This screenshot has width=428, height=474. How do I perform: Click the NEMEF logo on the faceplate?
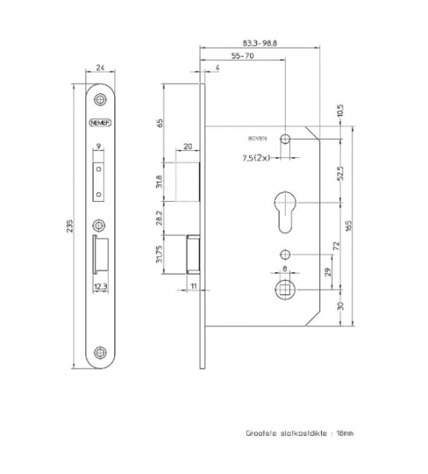(x=99, y=123)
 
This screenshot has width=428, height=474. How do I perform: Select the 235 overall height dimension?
(x=70, y=224)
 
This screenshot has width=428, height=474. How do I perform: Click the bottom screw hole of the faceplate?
(x=99, y=351)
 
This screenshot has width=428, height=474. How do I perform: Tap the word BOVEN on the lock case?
(x=258, y=136)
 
